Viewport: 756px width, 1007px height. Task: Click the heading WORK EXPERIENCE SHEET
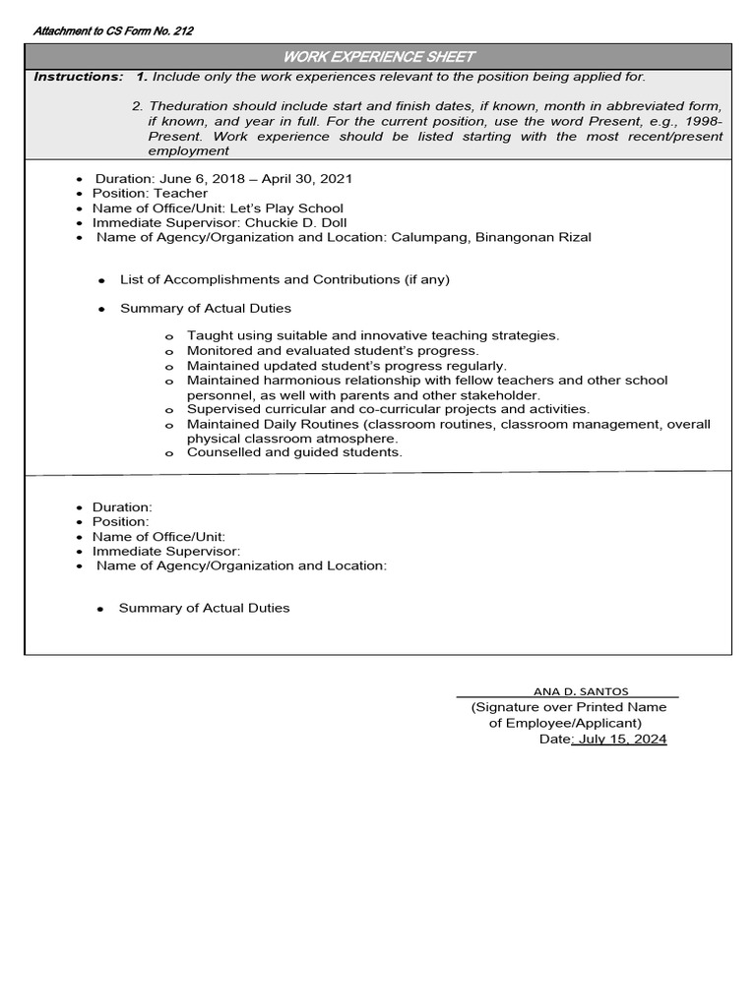coord(378,57)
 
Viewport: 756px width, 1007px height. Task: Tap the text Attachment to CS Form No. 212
coord(113,31)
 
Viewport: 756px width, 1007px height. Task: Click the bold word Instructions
coord(78,77)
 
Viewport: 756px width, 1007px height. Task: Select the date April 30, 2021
coord(307,179)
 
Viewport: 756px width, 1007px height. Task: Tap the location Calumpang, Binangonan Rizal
coord(491,238)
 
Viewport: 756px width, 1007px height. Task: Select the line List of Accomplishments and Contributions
coord(284,280)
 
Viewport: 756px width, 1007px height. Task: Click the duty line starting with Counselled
coord(294,452)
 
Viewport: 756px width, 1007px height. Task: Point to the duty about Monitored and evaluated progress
coord(333,350)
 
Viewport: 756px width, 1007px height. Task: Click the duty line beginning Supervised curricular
coord(388,409)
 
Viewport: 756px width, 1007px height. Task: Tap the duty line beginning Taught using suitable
coord(373,335)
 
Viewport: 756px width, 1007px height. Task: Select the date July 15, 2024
coord(622,740)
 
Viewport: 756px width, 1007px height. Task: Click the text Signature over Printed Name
coord(568,707)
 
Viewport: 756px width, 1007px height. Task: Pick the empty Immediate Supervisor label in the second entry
coord(166,552)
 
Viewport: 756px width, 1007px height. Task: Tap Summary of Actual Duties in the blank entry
coord(204,609)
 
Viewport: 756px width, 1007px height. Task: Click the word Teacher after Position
coord(180,194)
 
